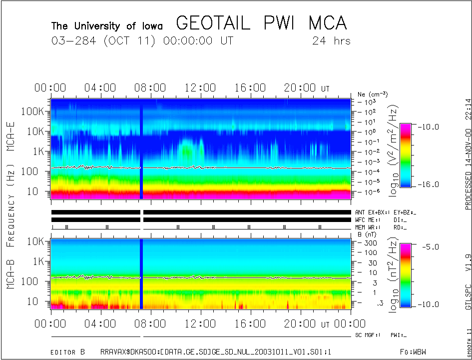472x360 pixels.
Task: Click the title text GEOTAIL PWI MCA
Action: point(261,23)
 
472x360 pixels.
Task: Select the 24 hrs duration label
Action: point(331,41)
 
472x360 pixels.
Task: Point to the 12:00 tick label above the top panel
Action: point(200,88)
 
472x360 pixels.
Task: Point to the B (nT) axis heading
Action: point(367,234)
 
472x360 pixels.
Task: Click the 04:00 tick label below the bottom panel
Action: point(101,324)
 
